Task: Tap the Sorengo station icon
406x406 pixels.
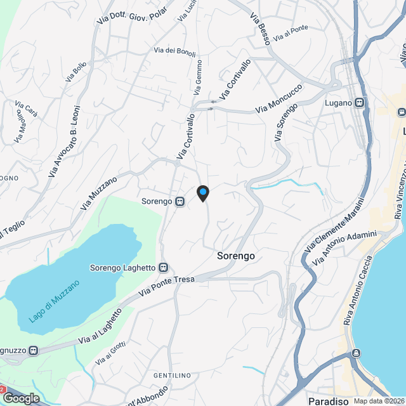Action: click(x=180, y=202)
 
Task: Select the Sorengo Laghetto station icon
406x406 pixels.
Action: click(x=164, y=268)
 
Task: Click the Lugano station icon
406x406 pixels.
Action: click(x=360, y=102)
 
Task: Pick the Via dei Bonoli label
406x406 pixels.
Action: click(x=174, y=51)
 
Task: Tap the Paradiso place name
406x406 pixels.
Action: click(x=328, y=401)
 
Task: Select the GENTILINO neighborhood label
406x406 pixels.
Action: click(x=172, y=376)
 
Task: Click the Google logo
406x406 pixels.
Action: click(x=21, y=398)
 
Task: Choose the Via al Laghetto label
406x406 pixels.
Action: click(x=100, y=327)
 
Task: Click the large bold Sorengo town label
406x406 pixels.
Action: click(x=236, y=256)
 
